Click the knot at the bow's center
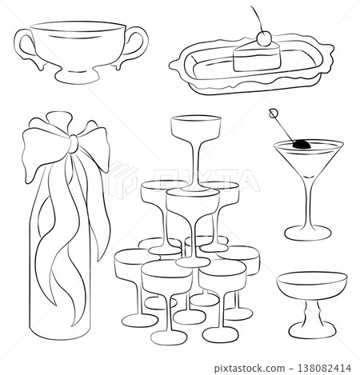74,143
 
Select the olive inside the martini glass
303,146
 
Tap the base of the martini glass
304,233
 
